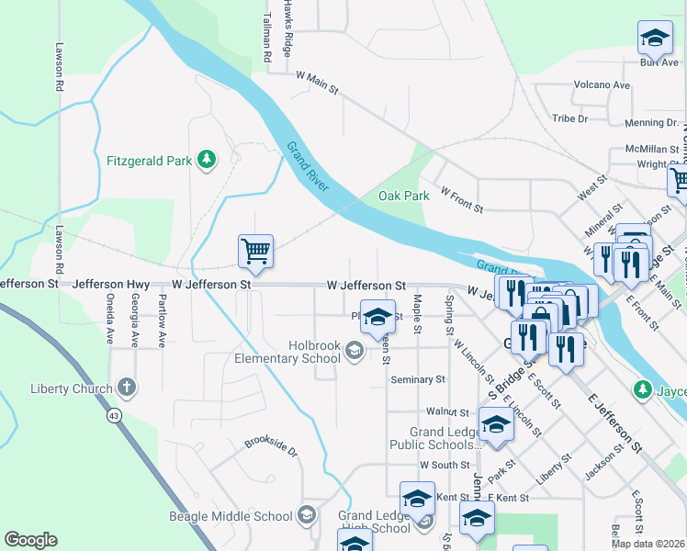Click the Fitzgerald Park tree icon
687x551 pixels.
[208, 160]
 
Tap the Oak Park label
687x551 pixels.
[404, 196]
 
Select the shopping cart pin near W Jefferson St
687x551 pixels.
[255, 251]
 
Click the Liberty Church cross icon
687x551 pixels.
[127, 388]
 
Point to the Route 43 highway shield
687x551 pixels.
[114, 416]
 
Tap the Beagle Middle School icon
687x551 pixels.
[307, 515]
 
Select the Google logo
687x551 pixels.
[30, 540]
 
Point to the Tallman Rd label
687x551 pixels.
[267, 38]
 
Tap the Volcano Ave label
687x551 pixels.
[602, 85]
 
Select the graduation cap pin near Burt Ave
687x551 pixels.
[655, 39]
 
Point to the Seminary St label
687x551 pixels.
[417, 378]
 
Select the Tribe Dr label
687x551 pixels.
[569, 118]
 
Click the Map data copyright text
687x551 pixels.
[648, 544]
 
